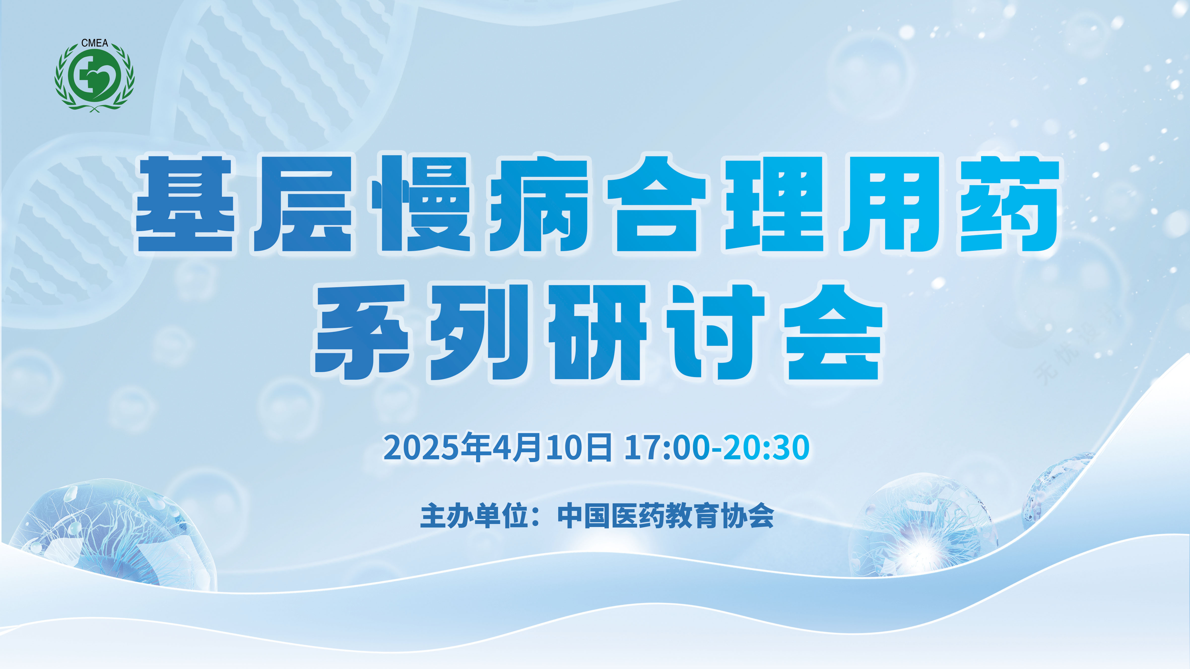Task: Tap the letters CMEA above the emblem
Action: click(95, 43)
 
